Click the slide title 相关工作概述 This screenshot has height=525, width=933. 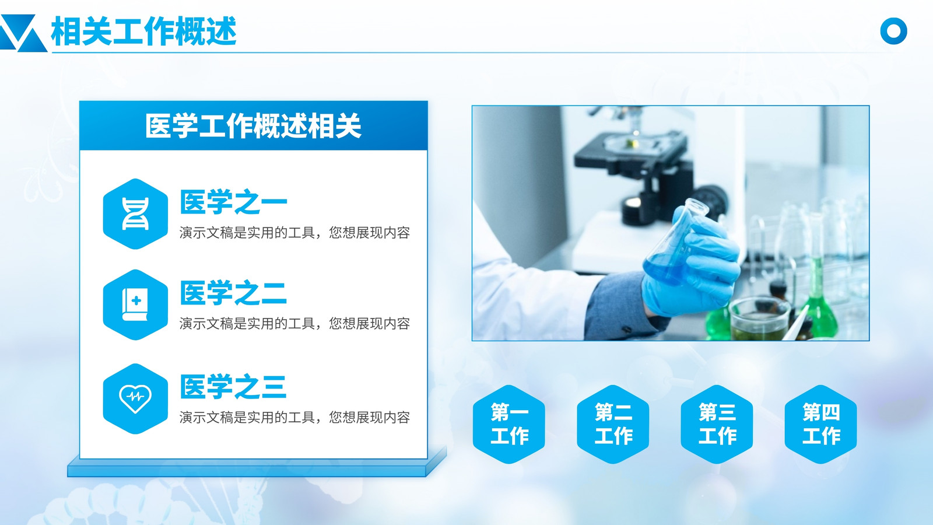click(143, 31)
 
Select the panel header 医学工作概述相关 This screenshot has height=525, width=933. click(253, 126)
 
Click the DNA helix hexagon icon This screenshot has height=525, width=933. click(135, 213)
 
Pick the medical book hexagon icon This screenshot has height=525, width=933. click(135, 304)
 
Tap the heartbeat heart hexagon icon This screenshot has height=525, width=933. click(135, 399)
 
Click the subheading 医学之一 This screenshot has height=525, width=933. click(234, 202)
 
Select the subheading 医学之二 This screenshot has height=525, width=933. click(234, 293)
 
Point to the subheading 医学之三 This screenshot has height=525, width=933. click(234, 387)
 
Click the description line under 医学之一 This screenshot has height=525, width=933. click(295, 233)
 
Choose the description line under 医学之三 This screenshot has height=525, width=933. click(295, 417)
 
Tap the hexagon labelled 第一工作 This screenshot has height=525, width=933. click(509, 424)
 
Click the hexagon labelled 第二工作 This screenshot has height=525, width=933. click(613, 424)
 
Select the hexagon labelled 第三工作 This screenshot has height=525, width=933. click(717, 424)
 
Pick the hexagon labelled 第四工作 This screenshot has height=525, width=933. click(821, 424)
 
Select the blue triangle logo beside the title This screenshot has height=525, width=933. click(23, 33)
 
